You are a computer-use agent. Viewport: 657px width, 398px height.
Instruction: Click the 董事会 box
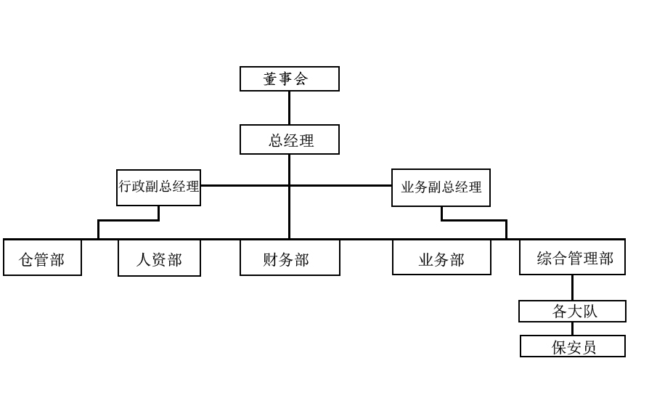(289, 78)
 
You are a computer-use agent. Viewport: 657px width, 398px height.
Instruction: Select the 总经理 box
(289, 139)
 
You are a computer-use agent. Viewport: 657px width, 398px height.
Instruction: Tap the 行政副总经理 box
(158, 187)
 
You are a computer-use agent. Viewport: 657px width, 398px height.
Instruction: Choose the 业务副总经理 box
(441, 187)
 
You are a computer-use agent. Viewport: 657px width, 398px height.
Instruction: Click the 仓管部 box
(42, 258)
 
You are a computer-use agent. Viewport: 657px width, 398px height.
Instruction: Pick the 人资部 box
(159, 259)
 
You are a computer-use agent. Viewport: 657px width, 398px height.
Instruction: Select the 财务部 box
(290, 259)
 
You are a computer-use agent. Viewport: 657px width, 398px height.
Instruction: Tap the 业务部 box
(441, 258)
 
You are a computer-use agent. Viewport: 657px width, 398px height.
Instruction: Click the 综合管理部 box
(572, 258)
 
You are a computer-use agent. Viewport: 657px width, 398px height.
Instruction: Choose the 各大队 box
(572, 312)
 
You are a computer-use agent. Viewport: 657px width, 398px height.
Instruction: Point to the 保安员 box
(572, 346)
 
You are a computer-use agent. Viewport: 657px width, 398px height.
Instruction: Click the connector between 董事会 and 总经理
(289, 107)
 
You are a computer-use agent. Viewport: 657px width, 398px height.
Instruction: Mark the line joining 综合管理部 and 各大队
(572, 288)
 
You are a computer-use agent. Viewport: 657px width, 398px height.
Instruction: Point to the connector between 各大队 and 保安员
(572, 328)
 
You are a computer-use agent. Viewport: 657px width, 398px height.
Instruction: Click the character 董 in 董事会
(271, 79)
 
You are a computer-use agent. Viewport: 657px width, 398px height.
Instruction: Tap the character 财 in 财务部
(271, 259)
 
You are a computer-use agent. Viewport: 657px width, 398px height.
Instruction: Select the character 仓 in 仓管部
(27, 259)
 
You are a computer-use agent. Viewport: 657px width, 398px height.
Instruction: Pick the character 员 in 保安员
(589, 347)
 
